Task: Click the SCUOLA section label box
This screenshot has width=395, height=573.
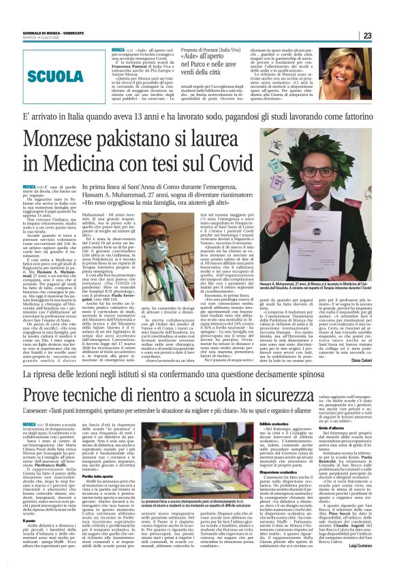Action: [x=52, y=76]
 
